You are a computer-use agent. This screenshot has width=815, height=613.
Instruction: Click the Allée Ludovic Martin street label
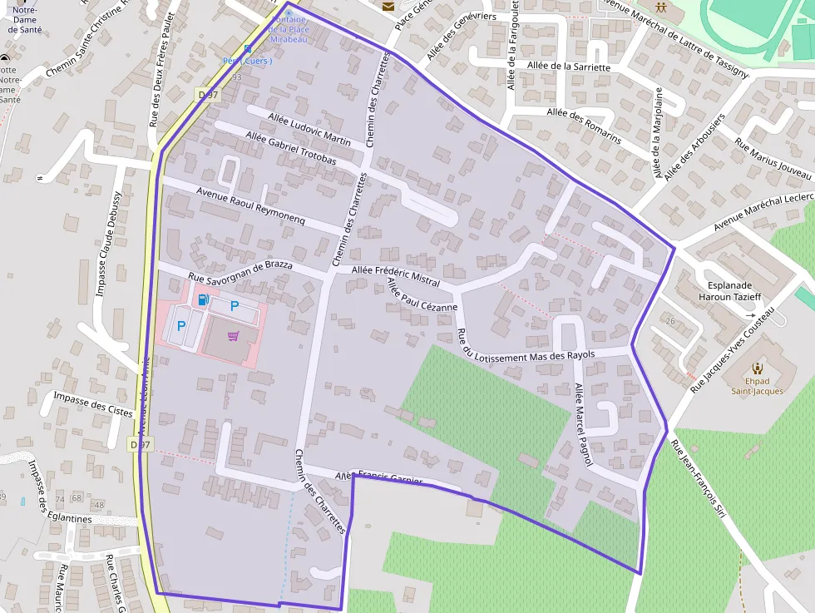(299, 126)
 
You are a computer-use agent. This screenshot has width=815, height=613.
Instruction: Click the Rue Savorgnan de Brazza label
(240, 270)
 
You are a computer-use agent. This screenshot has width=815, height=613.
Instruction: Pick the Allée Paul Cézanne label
(422, 294)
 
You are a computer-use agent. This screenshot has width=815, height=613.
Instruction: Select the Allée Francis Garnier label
(378, 479)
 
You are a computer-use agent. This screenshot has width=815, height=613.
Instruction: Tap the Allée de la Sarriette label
(569, 67)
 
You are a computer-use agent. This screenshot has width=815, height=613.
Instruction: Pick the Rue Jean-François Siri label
(698, 477)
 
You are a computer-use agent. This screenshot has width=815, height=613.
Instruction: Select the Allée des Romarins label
(584, 125)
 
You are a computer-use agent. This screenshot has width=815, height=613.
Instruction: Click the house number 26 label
(671, 320)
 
